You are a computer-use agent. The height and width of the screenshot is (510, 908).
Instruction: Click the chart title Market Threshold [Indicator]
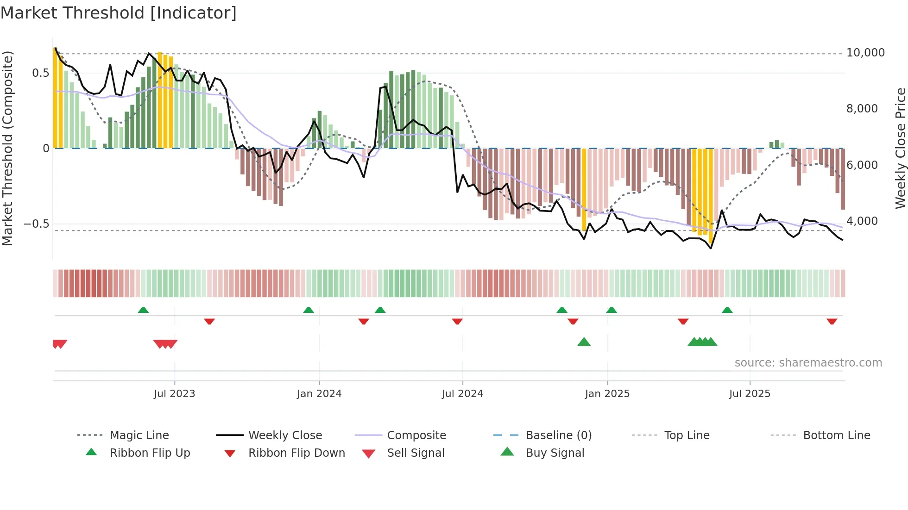click(119, 13)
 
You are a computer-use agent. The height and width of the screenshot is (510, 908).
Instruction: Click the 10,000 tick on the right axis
click(865, 53)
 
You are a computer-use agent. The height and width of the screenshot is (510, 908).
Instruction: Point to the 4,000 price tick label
click(862, 221)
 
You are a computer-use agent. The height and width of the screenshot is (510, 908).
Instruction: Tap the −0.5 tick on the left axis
click(37, 224)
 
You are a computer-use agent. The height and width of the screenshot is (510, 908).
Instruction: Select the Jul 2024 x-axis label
click(462, 394)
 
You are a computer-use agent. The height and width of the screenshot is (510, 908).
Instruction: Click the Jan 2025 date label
click(607, 394)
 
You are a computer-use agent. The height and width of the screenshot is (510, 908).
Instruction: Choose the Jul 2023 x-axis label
click(174, 394)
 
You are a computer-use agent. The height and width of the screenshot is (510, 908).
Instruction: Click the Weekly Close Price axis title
click(900, 148)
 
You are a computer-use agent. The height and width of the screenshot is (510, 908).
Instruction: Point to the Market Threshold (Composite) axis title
click(7, 148)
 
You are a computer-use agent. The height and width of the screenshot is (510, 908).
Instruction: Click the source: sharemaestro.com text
click(808, 363)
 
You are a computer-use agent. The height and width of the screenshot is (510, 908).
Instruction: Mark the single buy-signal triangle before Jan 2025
click(584, 342)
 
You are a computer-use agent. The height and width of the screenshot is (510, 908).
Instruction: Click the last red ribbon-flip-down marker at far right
click(832, 321)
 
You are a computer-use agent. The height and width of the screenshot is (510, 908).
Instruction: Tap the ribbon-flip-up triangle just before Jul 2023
click(143, 310)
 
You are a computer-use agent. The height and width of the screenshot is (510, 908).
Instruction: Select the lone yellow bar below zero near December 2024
click(584, 190)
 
